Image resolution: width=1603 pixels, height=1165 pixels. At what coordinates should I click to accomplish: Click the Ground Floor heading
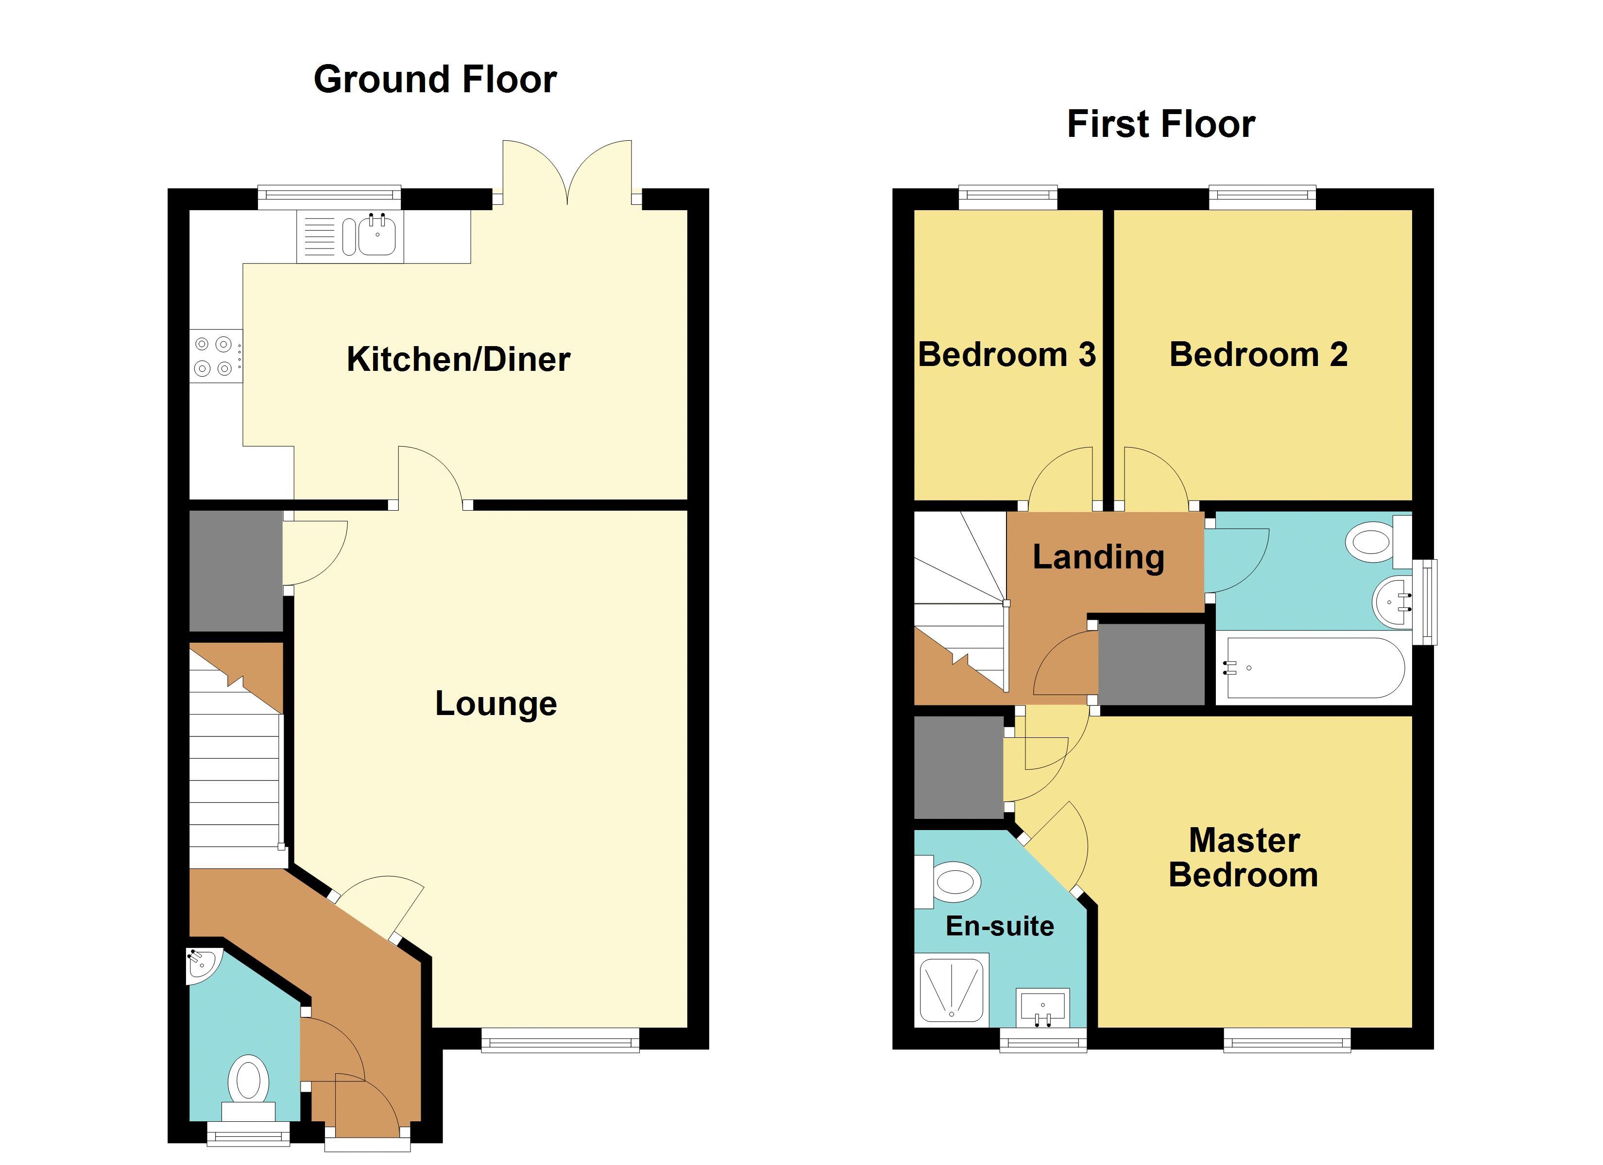(x=435, y=79)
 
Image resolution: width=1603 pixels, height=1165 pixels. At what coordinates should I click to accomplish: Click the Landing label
(x=1098, y=557)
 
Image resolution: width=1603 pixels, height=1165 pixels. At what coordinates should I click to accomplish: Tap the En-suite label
(x=999, y=926)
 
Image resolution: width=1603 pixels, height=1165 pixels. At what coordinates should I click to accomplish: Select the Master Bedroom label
(x=1243, y=858)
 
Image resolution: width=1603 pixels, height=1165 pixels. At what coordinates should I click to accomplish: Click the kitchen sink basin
(x=377, y=235)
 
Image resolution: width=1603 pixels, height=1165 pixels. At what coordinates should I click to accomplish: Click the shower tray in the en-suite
(x=951, y=989)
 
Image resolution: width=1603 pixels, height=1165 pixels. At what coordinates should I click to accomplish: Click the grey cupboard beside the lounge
(x=236, y=570)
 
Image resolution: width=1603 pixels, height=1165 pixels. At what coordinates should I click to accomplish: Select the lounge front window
(x=560, y=1040)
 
